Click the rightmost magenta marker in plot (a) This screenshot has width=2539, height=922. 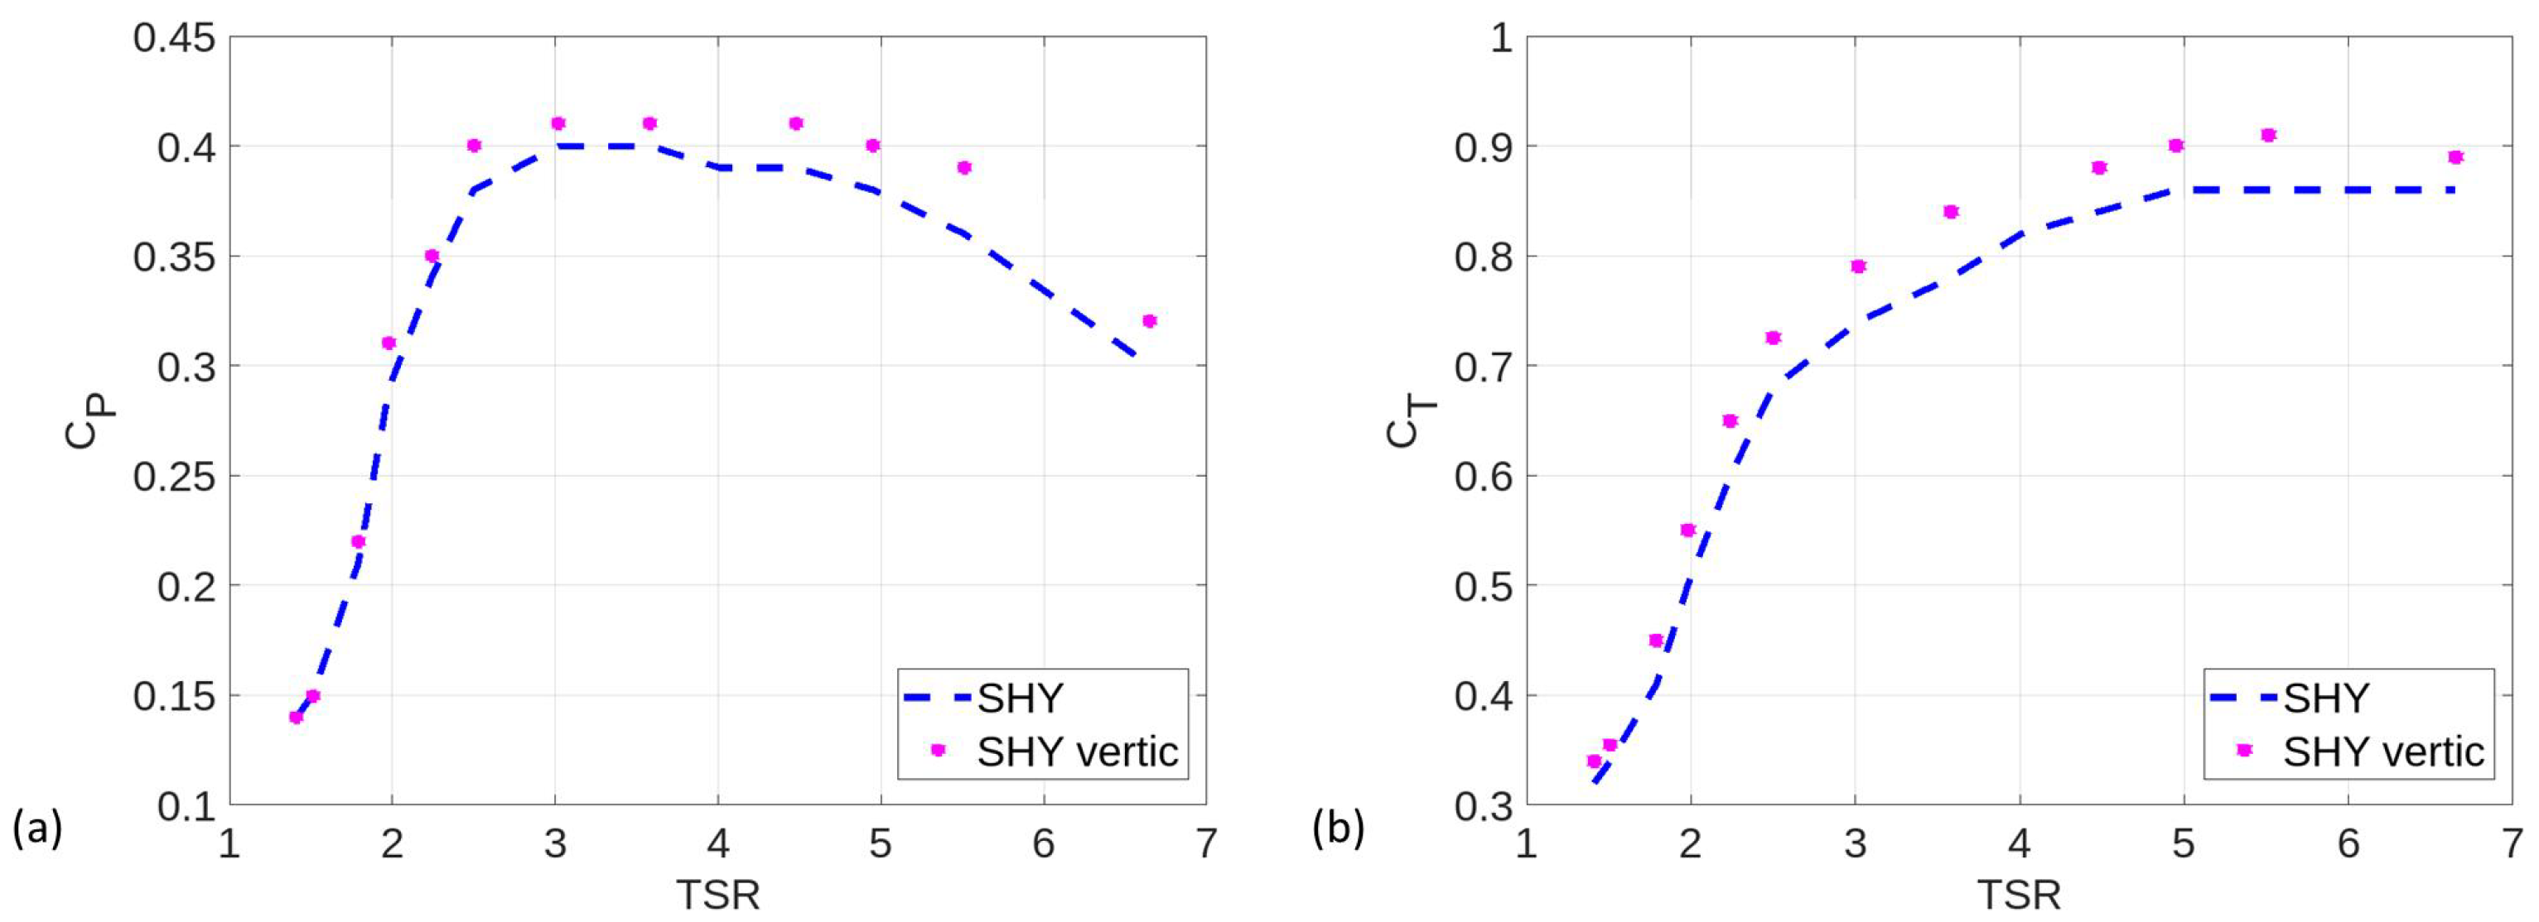point(1148,321)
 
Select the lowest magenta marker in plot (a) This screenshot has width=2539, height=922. point(296,717)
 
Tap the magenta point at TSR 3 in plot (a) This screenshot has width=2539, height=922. point(558,123)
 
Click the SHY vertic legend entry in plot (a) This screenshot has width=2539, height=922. point(1076,752)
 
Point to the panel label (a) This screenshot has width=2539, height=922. point(37,828)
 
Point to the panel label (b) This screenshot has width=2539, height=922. point(1339,828)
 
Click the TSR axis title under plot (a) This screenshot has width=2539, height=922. point(717,896)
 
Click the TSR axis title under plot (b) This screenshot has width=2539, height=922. point(2019,896)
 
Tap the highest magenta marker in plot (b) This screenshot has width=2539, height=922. point(2268,135)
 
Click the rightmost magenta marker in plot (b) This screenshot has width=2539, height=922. point(2455,156)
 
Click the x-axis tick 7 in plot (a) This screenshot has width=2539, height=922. point(1205,844)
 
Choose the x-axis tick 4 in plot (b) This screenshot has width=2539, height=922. point(2020,844)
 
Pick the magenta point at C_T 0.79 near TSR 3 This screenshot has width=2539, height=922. point(1859,266)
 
